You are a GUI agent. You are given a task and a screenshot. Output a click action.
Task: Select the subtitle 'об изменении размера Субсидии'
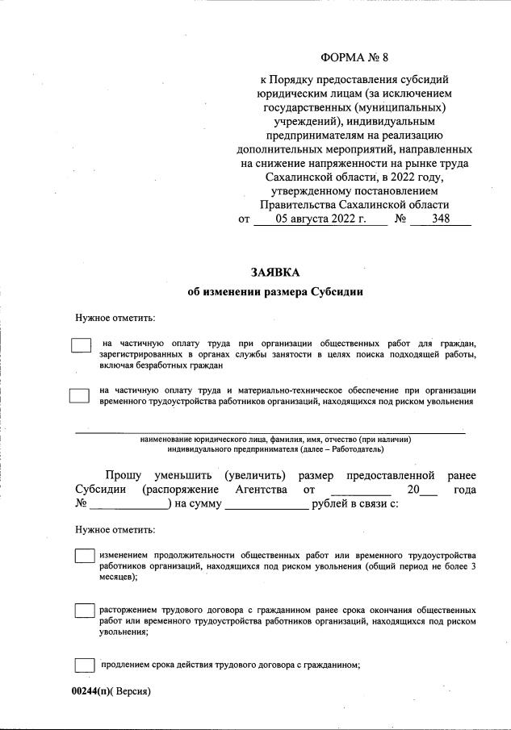(x=274, y=293)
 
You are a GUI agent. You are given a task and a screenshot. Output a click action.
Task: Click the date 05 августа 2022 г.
(x=321, y=219)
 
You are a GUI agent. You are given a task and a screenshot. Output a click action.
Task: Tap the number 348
(x=441, y=219)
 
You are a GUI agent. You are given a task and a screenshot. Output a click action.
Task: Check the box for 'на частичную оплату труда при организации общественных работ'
(x=81, y=344)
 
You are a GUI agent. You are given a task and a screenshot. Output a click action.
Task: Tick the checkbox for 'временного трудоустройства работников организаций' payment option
(x=79, y=395)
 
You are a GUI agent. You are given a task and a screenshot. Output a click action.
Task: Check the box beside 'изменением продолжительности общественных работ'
(x=84, y=556)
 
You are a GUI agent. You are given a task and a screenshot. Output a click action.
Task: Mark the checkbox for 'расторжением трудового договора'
(x=84, y=611)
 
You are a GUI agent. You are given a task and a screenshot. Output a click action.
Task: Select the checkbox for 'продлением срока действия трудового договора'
(x=84, y=665)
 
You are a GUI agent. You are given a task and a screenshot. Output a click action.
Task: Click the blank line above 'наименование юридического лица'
(x=270, y=432)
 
